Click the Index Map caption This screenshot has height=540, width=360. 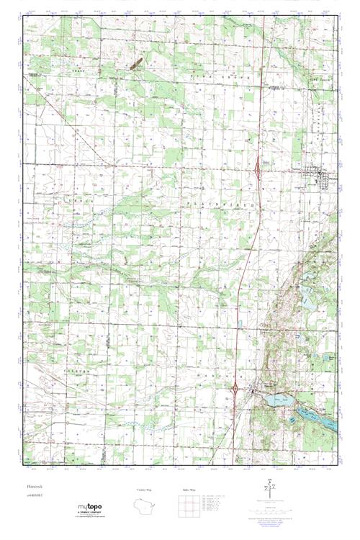(x=190, y=490)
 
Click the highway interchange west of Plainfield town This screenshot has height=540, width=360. (x=258, y=168)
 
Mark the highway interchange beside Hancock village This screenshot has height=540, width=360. (x=235, y=390)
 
